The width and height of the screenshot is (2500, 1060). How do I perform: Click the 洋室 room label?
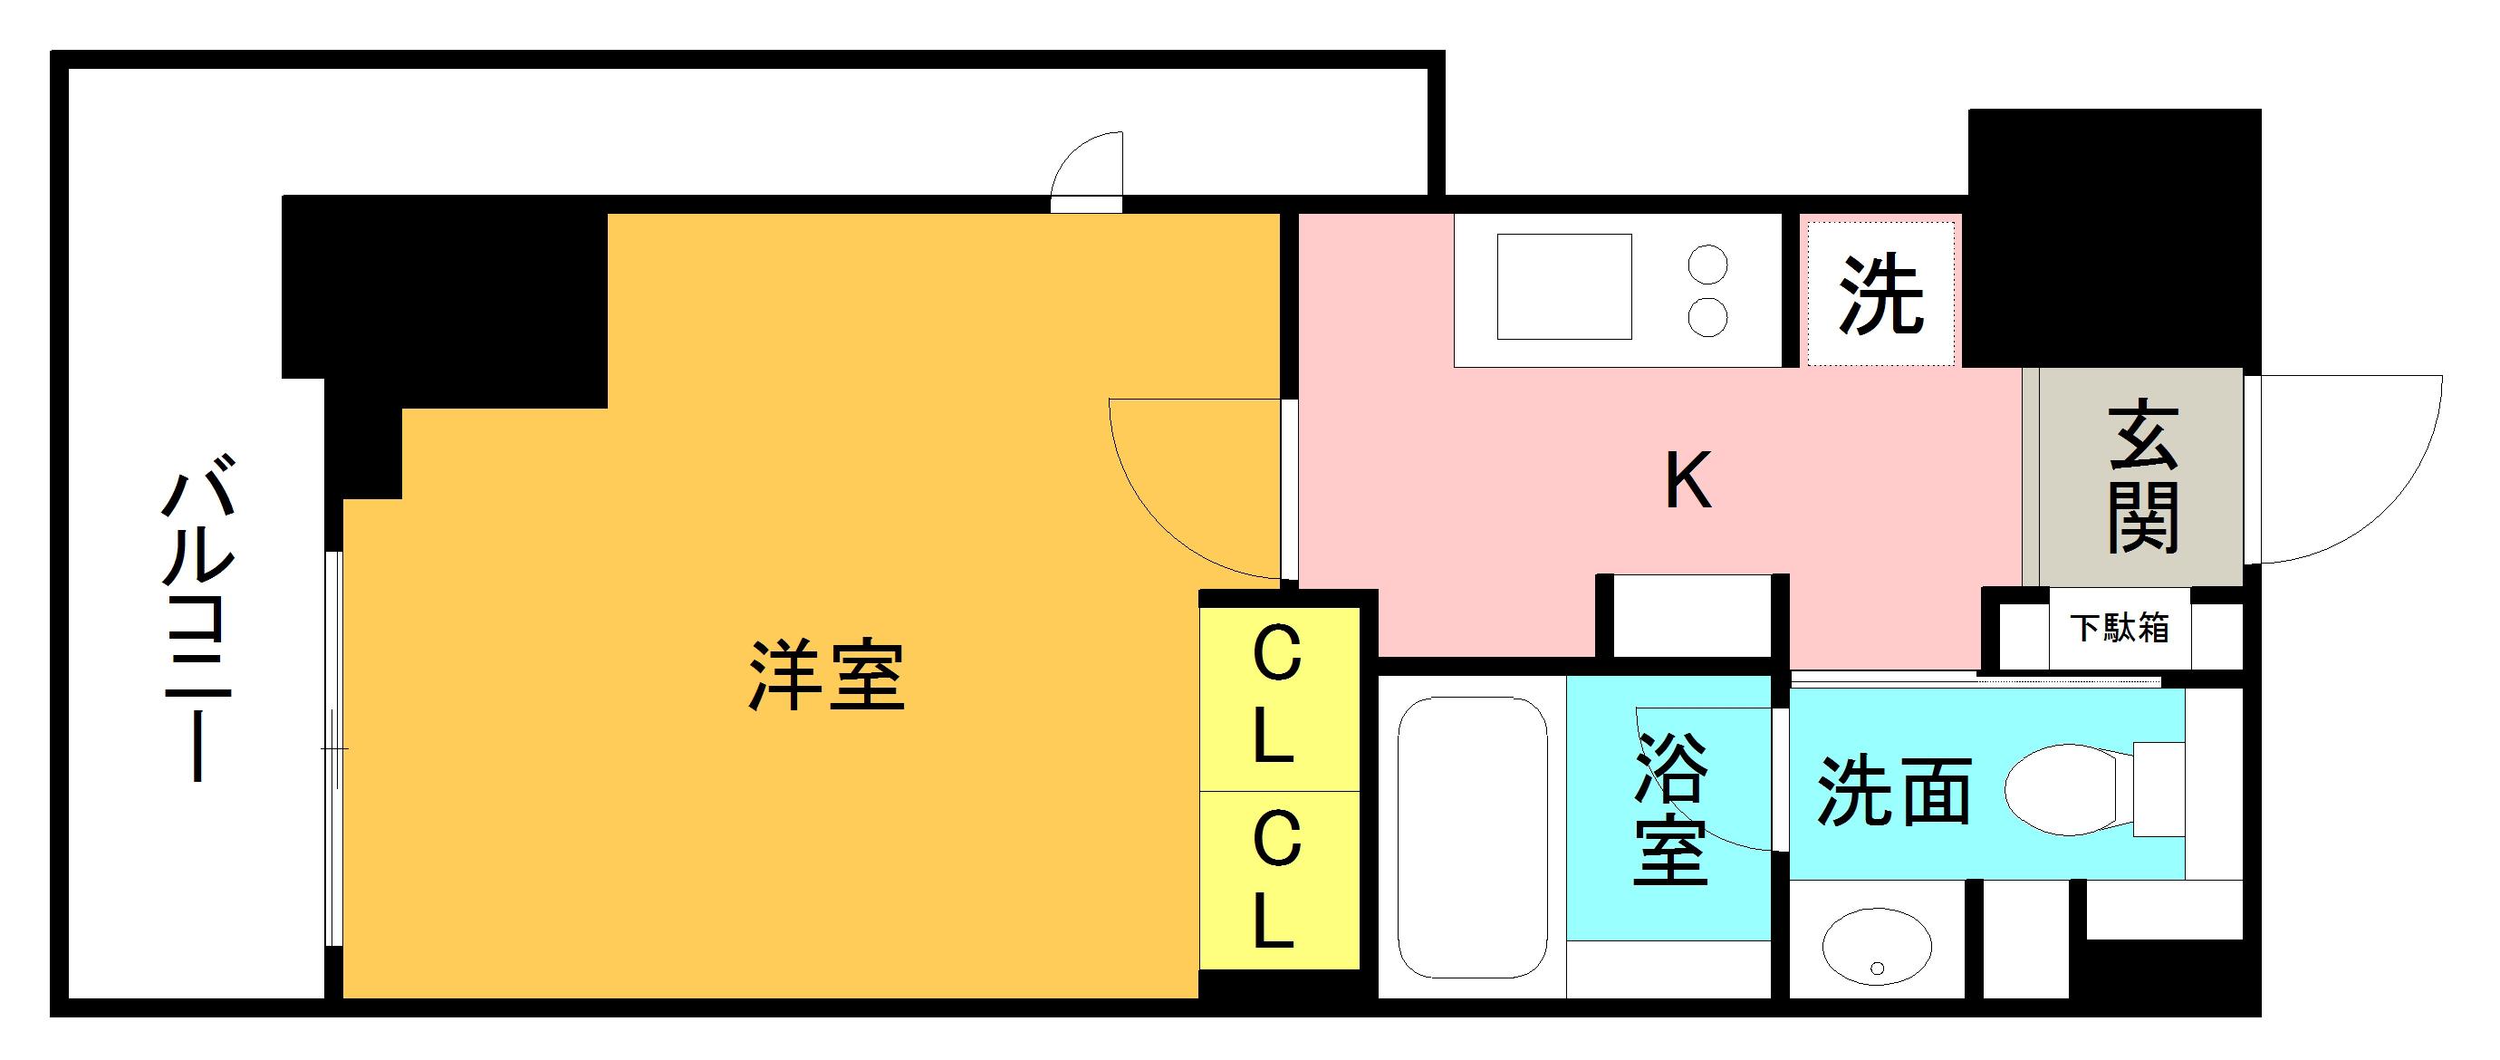pyautogui.click(x=826, y=676)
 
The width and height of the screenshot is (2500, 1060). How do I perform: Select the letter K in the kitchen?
pyautogui.click(x=1687, y=481)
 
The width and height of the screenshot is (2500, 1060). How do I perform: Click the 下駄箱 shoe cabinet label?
pyautogui.click(x=2119, y=628)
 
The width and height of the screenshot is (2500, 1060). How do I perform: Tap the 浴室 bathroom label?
pyautogui.click(x=1670, y=808)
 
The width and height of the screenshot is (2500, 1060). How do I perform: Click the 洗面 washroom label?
pyautogui.click(x=1893, y=792)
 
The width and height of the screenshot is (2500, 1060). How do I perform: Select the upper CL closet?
pyautogui.click(x=1277, y=697)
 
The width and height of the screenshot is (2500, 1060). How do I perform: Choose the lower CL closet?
pyautogui.click(x=1277, y=880)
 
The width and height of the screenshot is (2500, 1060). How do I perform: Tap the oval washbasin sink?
pyautogui.click(x=1877, y=947)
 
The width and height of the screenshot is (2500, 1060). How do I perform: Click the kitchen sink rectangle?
pyautogui.click(x=1563, y=286)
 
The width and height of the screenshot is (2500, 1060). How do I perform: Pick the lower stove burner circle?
pyautogui.click(x=1708, y=317)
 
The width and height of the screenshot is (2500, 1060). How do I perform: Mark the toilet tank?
pyautogui.click(x=2159, y=789)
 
